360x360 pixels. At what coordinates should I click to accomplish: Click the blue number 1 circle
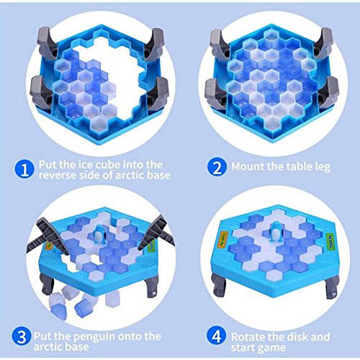coord(24,169)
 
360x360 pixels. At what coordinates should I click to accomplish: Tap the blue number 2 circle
coord(217,167)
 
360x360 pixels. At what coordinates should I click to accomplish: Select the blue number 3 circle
coord(22,337)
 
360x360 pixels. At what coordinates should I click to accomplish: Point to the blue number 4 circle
coord(217,336)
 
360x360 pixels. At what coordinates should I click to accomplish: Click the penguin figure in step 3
coord(99,235)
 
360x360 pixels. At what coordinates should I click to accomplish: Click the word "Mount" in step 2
coord(248,166)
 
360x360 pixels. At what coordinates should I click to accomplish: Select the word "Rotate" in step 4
coord(248,337)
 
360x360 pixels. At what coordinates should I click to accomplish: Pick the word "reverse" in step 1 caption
coord(55,175)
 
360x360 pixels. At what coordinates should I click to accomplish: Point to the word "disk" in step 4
coord(297,337)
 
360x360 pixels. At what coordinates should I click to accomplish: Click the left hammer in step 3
coord(48,237)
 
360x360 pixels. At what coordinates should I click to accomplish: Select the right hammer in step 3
coord(156,232)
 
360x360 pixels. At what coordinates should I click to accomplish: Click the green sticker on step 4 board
coord(330,239)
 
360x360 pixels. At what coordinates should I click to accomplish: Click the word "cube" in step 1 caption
coord(108,165)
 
